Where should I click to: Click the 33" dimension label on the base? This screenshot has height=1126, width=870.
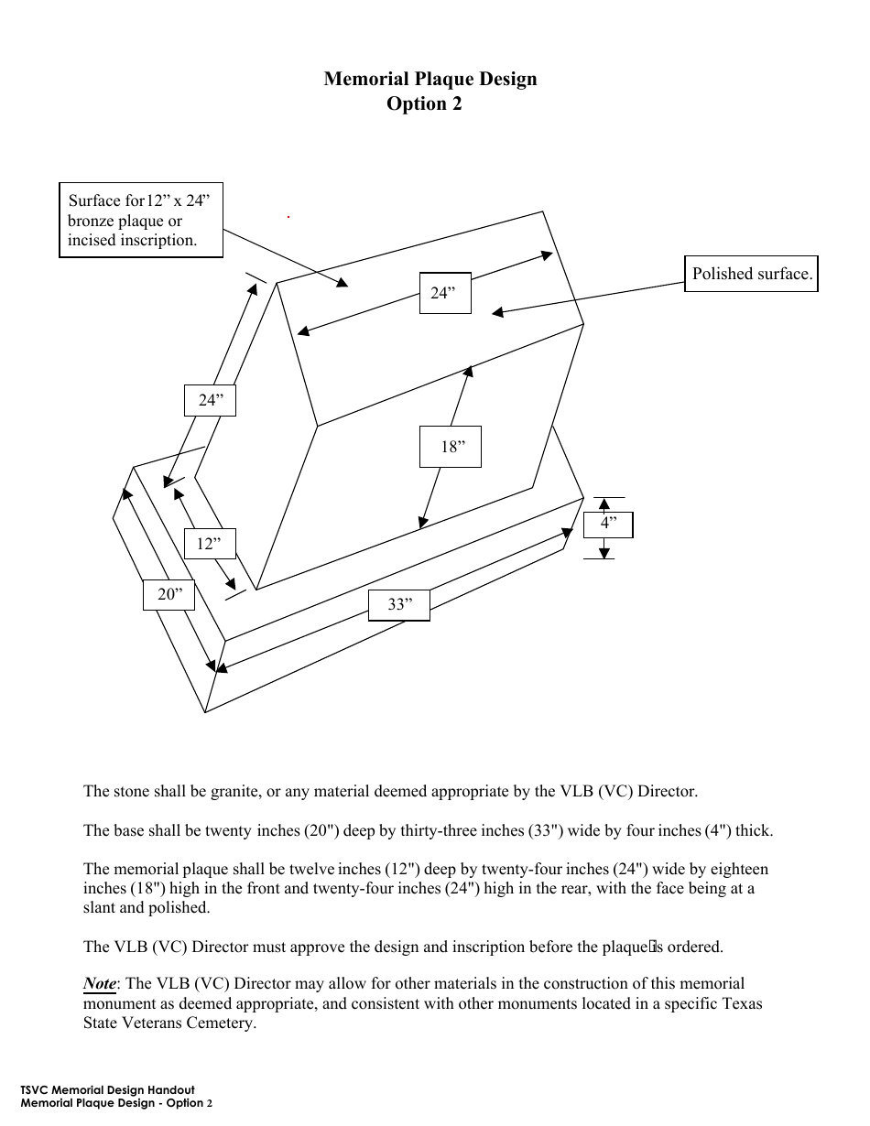click(x=398, y=605)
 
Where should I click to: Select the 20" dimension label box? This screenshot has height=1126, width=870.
click(x=169, y=595)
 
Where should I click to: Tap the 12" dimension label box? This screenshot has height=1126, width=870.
click(x=209, y=544)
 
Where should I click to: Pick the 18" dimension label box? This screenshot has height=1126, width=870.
click(x=451, y=447)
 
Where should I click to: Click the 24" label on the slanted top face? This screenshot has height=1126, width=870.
click(x=445, y=293)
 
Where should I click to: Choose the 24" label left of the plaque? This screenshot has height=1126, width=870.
click(x=210, y=400)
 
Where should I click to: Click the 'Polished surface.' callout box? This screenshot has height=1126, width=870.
click(x=751, y=274)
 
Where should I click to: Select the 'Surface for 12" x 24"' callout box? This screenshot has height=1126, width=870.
click(x=141, y=221)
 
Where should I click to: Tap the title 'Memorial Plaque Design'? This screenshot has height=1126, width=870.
click(x=430, y=79)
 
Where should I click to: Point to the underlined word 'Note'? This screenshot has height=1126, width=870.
click(x=100, y=984)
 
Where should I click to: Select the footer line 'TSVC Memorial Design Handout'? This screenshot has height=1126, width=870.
click(x=107, y=1090)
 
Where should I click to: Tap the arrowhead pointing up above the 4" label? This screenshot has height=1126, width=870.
click(x=604, y=503)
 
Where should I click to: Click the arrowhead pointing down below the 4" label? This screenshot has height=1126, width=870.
click(x=604, y=551)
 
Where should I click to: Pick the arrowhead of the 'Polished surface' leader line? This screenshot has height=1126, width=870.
click(x=498, y=313)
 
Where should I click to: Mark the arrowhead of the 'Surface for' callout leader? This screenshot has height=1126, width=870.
click(x=342, y=283)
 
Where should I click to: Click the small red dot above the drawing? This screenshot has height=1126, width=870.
click(x=288, y=217)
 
